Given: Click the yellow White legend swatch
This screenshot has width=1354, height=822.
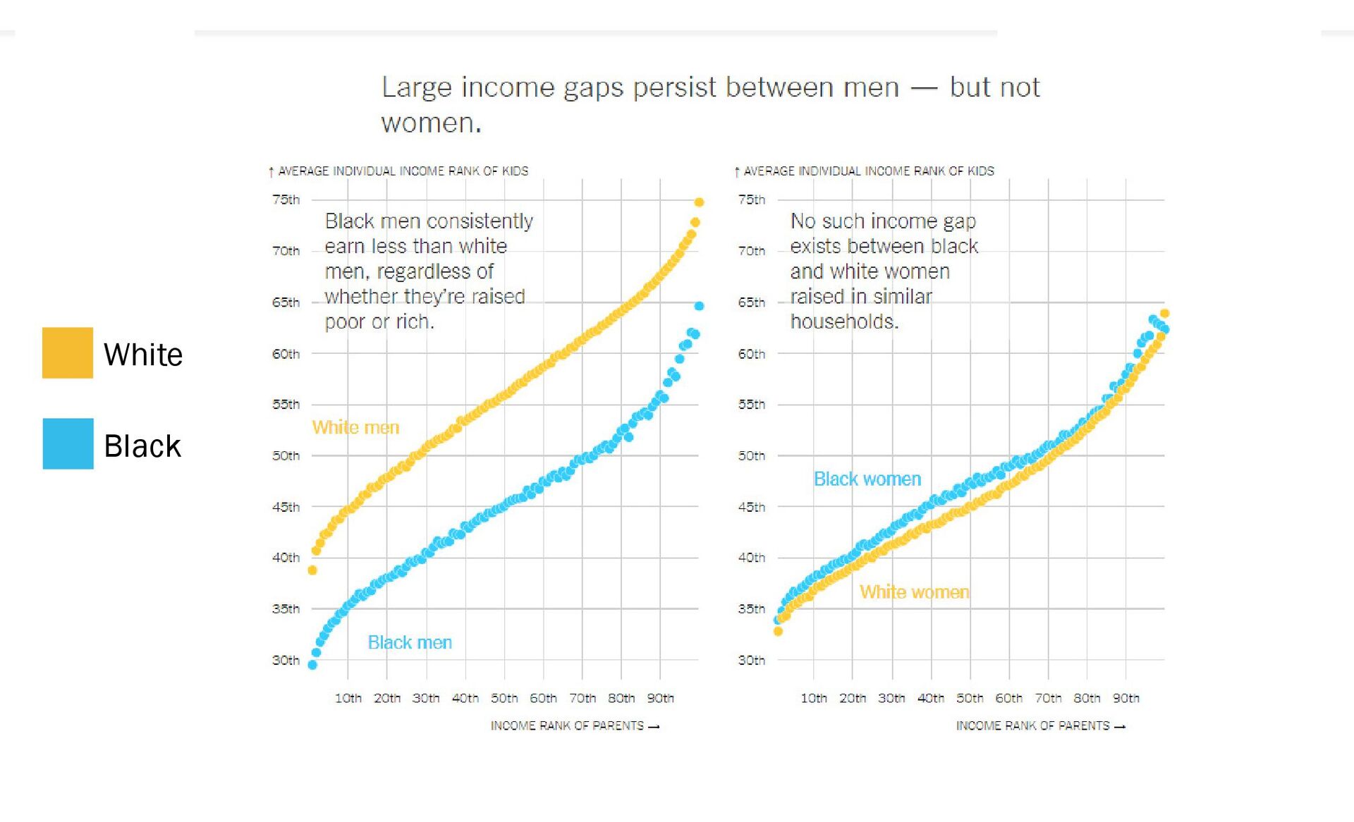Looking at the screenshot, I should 68,352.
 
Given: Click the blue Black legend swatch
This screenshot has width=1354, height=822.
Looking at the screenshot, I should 68,443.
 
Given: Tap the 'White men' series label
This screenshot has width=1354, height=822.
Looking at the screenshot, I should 355,427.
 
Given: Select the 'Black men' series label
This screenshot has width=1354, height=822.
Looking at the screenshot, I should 410,642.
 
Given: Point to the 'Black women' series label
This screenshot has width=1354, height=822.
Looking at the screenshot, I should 867,479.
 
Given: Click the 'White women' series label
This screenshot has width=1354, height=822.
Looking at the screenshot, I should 914,591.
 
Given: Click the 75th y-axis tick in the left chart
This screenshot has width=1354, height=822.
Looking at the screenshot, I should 286,200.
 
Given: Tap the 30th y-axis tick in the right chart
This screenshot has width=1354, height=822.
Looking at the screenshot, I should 751,660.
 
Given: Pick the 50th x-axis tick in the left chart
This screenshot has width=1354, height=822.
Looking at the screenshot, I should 504,698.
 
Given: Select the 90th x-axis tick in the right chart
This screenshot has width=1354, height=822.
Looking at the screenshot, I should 1126,698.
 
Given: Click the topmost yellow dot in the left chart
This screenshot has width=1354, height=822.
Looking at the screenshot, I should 699,202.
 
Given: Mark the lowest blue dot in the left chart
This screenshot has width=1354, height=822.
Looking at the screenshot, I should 312,665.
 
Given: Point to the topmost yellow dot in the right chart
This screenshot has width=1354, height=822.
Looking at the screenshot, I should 1164,313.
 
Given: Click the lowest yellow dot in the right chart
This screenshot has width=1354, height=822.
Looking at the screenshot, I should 778,631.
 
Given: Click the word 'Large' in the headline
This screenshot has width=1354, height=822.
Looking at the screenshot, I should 416,87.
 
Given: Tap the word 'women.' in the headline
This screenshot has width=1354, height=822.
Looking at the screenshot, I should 431,123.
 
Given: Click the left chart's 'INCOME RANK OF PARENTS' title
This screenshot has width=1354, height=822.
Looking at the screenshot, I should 567,725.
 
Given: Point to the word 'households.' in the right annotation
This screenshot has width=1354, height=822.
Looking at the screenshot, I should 844,321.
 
